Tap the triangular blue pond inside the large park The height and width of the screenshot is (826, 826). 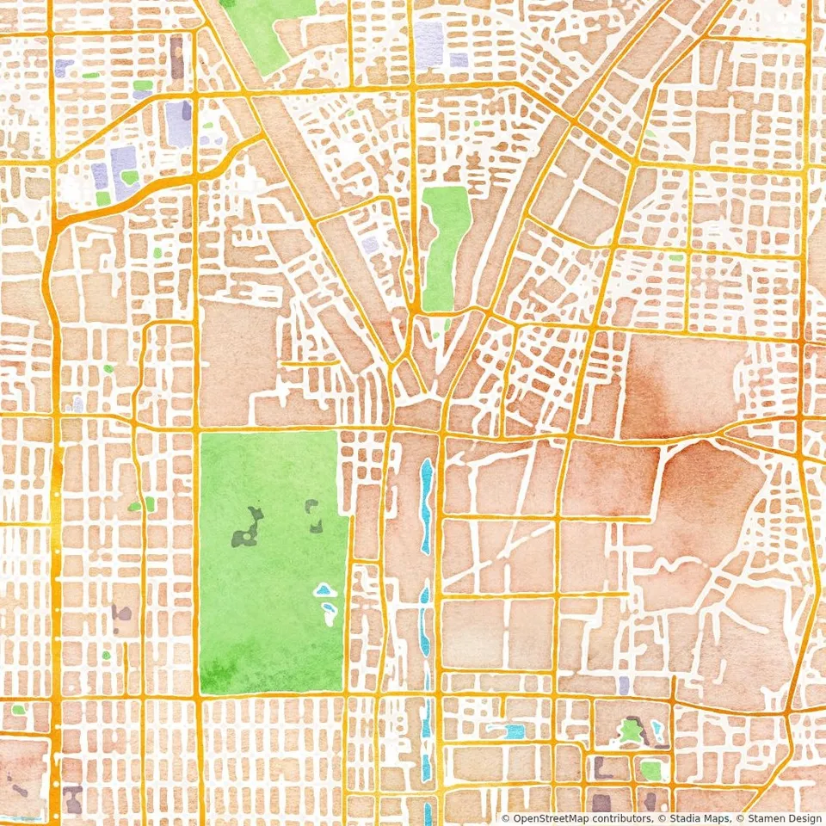point(323,590)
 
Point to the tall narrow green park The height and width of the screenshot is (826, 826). point(442,245)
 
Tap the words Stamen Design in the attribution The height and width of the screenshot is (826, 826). point(783,818)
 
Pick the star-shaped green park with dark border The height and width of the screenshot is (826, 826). point(632,732)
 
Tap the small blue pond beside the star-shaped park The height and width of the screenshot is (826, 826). point(657,731)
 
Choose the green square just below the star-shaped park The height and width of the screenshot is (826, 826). point(650,768)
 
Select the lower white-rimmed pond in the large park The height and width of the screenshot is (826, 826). point(329,613)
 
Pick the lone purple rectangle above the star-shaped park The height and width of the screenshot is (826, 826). point(624,684)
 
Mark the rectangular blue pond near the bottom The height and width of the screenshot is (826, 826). point(515,731)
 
